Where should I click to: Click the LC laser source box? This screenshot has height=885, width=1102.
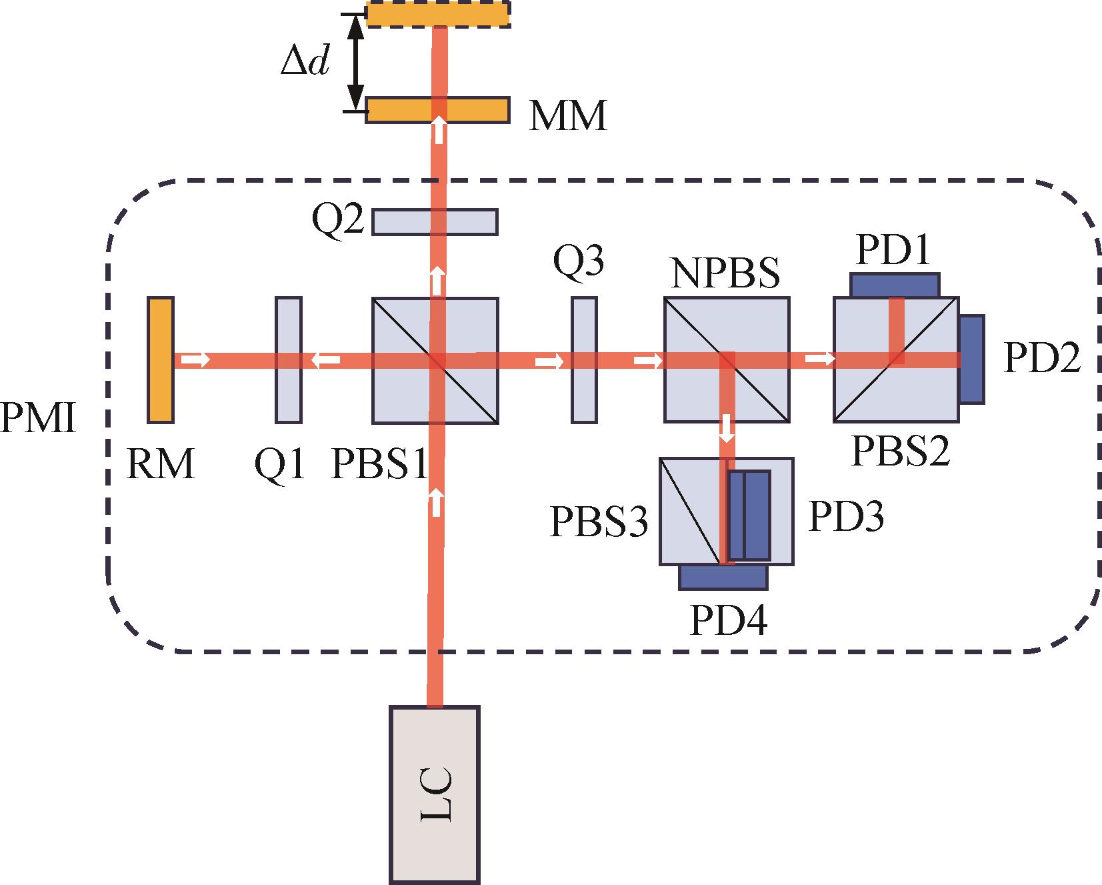click(x=434, y=794)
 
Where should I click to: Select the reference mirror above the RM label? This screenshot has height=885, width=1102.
click(x=161, y=360)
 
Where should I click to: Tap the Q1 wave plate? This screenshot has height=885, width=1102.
click(x=288, y=360)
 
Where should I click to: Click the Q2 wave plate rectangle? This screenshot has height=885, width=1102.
click(x=435, y=222)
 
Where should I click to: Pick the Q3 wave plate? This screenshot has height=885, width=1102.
click(x=584, y=360)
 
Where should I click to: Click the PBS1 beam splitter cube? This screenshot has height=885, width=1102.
click(x=435, y=360)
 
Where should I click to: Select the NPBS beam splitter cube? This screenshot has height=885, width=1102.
click(x=727, y=360)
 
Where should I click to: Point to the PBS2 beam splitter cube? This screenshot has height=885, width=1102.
click(x=896, y=360)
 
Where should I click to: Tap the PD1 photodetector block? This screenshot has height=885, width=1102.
click(x=895, y=285)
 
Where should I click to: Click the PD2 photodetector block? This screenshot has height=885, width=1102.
click(x=972, y=359)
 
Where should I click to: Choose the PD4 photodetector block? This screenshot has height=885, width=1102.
click(x=723, y=577)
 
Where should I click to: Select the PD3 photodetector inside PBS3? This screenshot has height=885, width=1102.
click(x=749, y=515)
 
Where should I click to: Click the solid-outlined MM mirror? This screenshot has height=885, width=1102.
click(x=437, y=110)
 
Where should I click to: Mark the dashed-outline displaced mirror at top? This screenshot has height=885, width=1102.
click(x=438, y=14)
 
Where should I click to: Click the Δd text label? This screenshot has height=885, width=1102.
click(x=305, y=62)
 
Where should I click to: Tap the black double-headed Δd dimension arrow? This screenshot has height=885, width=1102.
click(x=357, y=61)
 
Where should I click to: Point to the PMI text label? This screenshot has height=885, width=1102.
click(x=37, y=419)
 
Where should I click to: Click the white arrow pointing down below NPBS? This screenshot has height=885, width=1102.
click(x=727, y=428)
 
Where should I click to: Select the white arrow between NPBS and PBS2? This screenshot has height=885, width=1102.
click(x=819, y=359)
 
